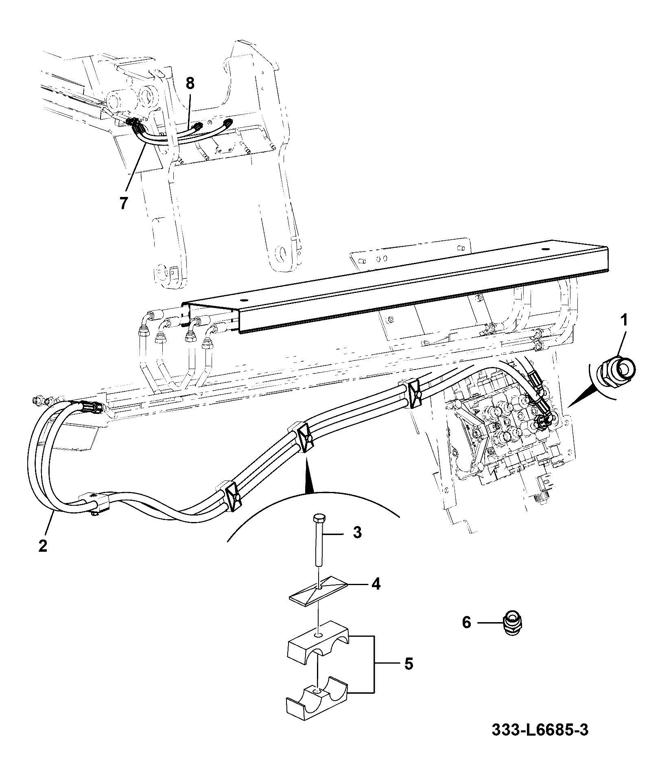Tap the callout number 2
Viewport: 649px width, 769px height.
pos(43,545)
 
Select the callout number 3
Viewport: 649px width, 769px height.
pos(357,532)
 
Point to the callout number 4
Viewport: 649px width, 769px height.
pos(375,584)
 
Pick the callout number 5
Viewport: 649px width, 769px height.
pos(409,664)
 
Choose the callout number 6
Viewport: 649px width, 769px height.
pos(466,634)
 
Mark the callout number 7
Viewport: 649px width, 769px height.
pos(124,202)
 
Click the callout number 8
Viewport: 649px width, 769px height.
pos(190,83)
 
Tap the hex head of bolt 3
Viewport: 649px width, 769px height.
pos(318,519)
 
